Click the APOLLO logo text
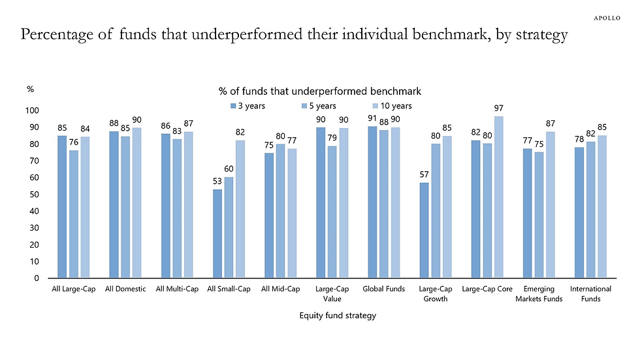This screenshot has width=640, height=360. point(607,18)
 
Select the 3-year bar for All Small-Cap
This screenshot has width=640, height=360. point(217,233)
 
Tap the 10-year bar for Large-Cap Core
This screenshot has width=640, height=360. point(499,197)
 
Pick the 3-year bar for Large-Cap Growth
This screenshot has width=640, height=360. point(424,230)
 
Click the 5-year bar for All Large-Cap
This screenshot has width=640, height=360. point(73,214)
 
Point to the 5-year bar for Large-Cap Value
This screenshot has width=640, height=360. point(332,212)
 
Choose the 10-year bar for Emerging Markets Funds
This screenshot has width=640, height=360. point(550,205)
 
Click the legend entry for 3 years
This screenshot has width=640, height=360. point(248,106)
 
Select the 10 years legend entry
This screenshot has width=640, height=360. point(392,106)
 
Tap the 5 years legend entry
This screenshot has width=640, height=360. point(319,106)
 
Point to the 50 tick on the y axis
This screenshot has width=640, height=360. point(34,194)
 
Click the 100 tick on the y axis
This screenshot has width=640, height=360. point(32,110)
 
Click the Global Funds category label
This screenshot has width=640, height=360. point(384,289)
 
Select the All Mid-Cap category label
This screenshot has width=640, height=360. point(280,289)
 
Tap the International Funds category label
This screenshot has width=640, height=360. point(590,294)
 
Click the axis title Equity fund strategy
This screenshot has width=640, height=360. point(338,316)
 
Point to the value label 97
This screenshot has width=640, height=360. point(499,108)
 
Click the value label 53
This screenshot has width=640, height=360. point(217,181)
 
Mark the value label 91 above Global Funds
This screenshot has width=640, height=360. point(372,118)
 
